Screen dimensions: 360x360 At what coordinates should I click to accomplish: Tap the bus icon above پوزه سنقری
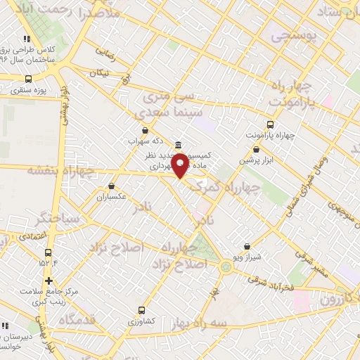pyautogui.click(x=28, y=79)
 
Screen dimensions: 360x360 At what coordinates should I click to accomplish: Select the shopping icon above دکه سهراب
pyautogui.click(x=145, y=129)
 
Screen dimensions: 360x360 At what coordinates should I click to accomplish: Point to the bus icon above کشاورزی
pyautogui.click(x=142, y=309)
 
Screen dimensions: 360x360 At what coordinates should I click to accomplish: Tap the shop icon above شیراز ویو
pyautogui.click(x=246, y=247)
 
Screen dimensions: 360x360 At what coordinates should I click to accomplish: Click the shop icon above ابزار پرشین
pyautogui.click(x=256, y=149)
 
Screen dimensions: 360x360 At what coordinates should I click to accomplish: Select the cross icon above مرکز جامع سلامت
pyautogui.click(x=48, y=281)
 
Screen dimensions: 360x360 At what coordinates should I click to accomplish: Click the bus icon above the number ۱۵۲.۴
pyautogui.click(x=48, y=252)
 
